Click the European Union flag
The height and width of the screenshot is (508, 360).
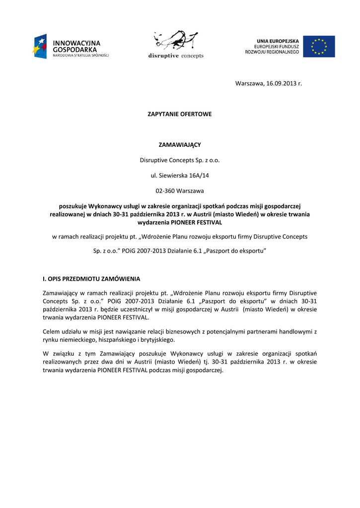pyautogui.click(x=319, y=46)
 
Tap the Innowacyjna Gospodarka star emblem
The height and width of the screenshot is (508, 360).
pyautogui.click(x=39, y=46)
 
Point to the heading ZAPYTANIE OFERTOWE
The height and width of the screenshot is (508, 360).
pyautogui.click(x=180, y=114)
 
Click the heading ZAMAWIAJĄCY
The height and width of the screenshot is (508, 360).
pyautogui.click(x=180, y=145)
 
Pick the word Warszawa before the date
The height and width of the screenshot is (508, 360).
pyautogui.click(x=247, y=83)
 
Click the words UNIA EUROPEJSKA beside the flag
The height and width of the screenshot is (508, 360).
pyautogui.click(x=278, y=41)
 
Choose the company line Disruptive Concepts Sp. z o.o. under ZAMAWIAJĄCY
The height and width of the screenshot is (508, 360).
pyautogui.click(x=180, y=160)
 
